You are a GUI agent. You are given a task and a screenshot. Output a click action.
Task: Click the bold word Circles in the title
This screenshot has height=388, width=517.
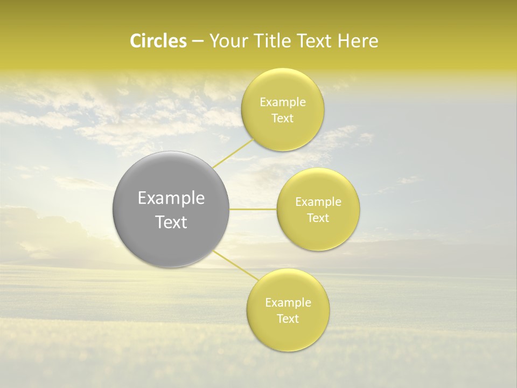pos(158,41)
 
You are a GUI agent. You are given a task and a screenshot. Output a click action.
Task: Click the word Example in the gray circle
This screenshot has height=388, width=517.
pos(171,198)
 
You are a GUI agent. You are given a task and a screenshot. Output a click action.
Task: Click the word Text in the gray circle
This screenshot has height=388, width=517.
pos(171,222)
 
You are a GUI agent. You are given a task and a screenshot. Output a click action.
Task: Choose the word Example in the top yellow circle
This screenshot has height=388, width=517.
pos(283,102)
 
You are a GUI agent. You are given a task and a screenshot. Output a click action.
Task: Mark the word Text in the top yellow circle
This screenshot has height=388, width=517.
pos(282,119)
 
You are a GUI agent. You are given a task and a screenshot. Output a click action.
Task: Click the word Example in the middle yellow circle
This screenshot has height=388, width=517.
pos(318,202)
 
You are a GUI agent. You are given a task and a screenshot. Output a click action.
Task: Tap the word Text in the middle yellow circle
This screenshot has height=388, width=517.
pos(318,218)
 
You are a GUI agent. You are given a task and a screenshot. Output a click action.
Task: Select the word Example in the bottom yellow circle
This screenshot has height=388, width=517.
pos(288,303)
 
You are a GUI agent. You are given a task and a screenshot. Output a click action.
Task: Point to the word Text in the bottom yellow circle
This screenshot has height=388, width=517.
pos(288,319)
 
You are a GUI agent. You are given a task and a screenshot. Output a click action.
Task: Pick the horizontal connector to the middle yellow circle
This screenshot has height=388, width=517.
pos(253,209)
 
